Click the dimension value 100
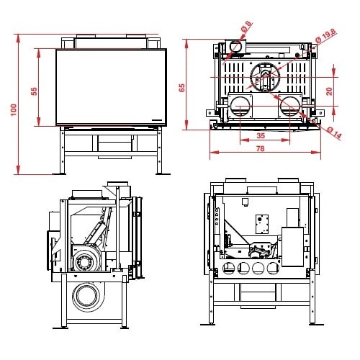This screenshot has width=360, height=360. pos(14,109)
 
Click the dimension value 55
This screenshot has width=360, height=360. pos(34,91)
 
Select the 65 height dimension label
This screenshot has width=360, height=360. pos(181,88)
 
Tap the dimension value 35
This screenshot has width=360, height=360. pos(261,135)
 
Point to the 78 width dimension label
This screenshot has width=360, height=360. pos(261,149)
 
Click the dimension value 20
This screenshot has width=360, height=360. pos(329,91)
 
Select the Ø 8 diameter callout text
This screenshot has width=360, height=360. pos(246,27)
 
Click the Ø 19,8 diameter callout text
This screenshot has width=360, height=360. pos(326,37)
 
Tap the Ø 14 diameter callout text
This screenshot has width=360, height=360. pos(334,132)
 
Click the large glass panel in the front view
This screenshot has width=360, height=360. pos(111,87)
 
